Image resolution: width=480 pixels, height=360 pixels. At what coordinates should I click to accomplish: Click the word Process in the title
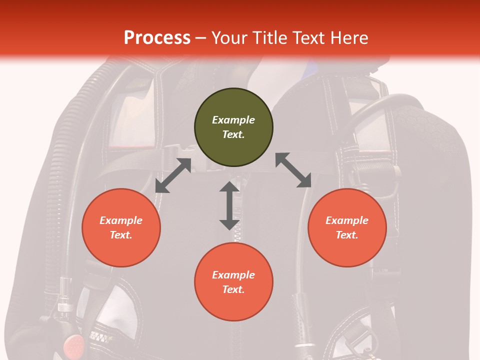pos(157,38)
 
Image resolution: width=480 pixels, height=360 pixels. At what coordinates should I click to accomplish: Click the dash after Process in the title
pos(200,38)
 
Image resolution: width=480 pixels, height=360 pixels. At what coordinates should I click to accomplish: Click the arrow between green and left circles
pos(173,175)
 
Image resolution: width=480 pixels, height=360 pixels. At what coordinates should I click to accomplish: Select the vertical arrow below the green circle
pos(229,205)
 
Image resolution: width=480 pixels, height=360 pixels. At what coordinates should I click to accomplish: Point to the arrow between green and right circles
pos(293,170)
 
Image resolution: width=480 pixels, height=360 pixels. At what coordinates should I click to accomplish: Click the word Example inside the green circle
pos(233,120)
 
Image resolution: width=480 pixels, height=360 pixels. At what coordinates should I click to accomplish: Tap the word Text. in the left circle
pos(121,235)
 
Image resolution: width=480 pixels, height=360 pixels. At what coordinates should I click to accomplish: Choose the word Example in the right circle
pos(347,220)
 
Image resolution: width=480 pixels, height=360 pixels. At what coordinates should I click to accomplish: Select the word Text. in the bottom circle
pos(233,289)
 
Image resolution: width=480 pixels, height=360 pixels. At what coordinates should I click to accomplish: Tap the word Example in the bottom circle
pos(233,275)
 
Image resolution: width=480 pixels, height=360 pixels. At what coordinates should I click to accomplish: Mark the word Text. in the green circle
pos(233,134)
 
